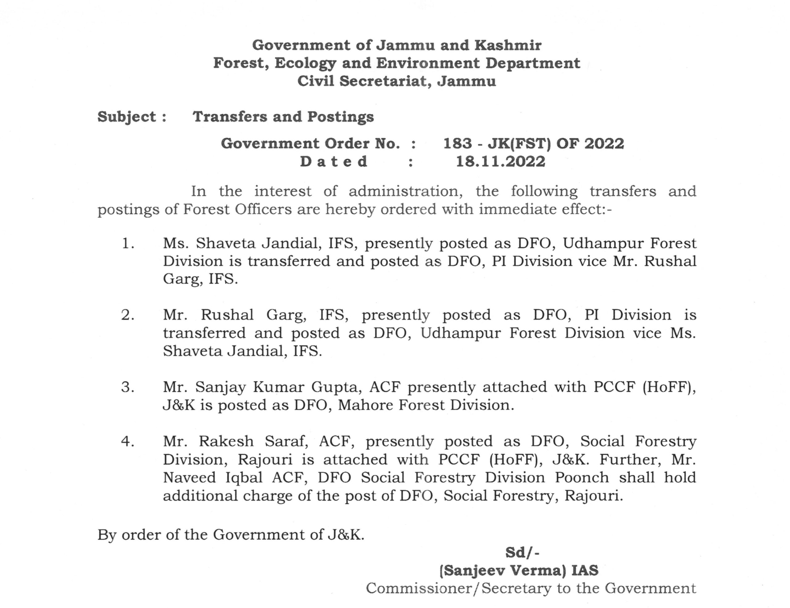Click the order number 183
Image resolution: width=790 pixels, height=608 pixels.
[458, 144]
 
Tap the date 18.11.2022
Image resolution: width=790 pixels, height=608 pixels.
[500, 161]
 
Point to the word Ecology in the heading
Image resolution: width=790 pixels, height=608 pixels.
[305, 63]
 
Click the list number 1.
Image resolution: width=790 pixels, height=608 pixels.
[128, 244]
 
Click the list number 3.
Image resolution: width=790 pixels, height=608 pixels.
[128, 387]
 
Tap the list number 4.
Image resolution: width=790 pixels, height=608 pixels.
[128, 442]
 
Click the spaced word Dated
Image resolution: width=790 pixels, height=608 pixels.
[334, 161]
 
